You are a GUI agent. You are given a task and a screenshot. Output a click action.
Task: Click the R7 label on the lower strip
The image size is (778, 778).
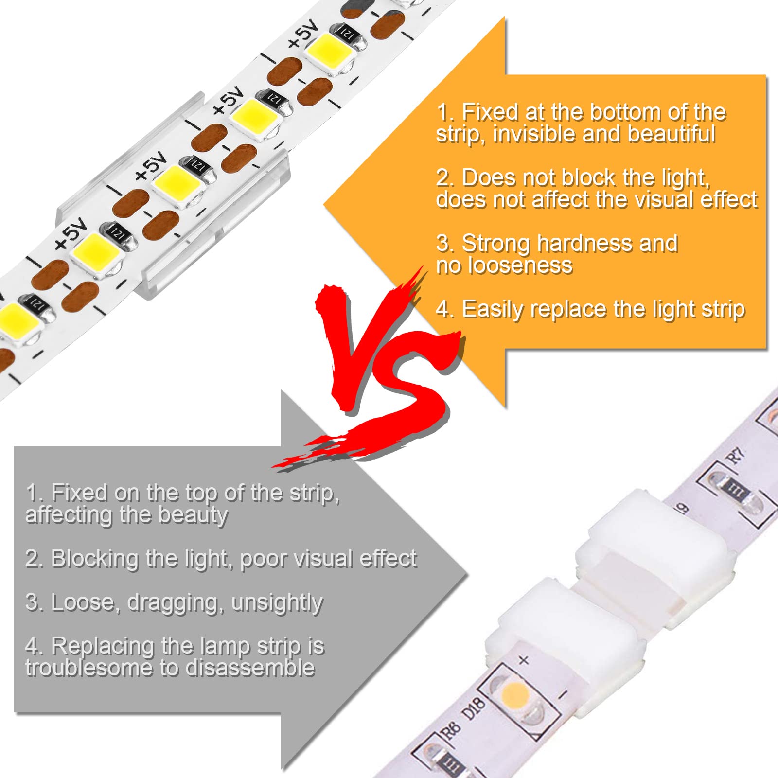(x=736, y=456)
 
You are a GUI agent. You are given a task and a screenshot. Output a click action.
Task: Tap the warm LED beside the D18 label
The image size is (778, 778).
(x=514, y=693)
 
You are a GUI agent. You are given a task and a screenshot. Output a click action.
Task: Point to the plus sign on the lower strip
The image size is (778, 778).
(x=524, y=660)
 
